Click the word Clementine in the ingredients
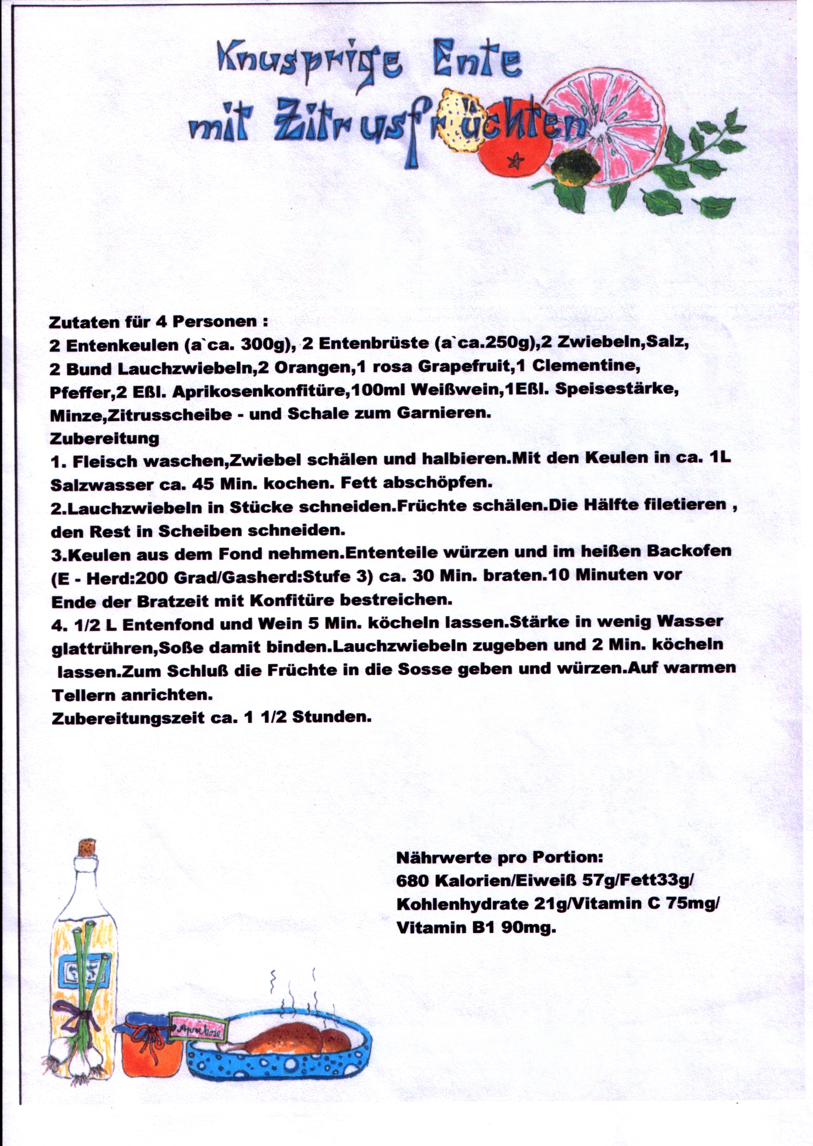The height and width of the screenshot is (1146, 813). tap(586, 366)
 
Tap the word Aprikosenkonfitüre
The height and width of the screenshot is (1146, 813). tap(260, 392)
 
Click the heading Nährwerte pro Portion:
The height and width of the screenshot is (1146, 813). tap(500, 858)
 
